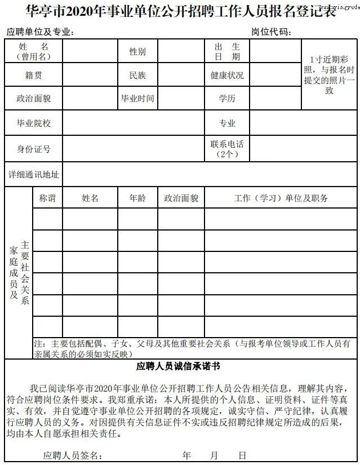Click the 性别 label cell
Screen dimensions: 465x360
point(137,51)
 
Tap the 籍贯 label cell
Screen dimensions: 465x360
point(33,75)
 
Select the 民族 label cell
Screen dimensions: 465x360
point(137,75)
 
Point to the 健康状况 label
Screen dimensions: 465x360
point(227,75)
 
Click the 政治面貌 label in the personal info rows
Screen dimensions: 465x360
point(33,98)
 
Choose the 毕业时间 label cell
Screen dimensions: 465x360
point(137,98)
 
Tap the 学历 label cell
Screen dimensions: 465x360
point(227,98)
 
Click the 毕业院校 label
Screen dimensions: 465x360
point(33,123)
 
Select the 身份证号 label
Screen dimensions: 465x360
point(33,149)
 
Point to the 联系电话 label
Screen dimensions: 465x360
point(227,144)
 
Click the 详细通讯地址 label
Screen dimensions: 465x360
point(33,175)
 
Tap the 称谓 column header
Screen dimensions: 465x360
point(47,198)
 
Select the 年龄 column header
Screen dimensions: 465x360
point(137,198)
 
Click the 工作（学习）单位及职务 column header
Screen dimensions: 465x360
point(281,198)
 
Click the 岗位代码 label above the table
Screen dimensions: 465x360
point(271,32)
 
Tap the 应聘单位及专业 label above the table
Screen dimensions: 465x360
point(39,32)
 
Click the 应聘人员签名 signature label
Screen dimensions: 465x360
point(72,455)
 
